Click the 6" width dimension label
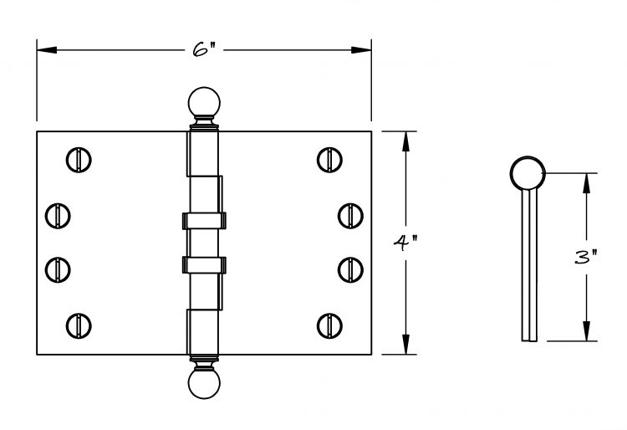click(204, 49)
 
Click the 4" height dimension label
click(405, 243)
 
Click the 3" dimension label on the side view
click(586, 257)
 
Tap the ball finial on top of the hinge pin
click(204, 102)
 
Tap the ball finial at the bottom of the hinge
click(204, 383)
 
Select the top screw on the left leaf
click(79, 160)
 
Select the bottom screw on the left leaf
click(79, 325)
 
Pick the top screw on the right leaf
click(329, 160)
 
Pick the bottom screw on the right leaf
click(329, 325)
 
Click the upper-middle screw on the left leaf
click(58, 216)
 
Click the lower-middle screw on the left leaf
click(58, 270)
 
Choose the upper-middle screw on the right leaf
click(350, 216)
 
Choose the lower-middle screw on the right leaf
click(350, 270)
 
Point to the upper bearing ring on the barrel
click(204, 221)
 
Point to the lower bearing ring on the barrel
click(204, 265)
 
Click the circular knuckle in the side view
click(528, 173)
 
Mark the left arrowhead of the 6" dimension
click(47, 50)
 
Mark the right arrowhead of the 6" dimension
click(361, 50)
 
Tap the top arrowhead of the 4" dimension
click(405, 141)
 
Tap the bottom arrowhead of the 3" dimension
click(586, 331)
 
